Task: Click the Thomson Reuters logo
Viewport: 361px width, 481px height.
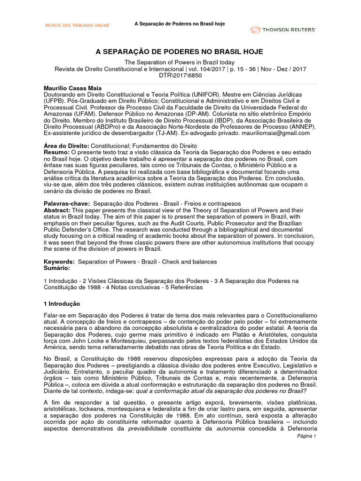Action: [x=283, y=30]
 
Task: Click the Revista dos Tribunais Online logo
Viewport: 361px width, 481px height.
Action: [x=77, y=25]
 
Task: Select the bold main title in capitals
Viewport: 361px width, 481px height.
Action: [x=180, y=52]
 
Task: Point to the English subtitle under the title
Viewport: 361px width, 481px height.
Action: [x=180, y=62]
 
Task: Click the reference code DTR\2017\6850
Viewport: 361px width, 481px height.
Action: [x=180, y=76]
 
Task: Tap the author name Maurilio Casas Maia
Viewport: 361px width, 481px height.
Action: [x=72, y=88]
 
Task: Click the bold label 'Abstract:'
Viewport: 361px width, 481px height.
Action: [x=58, y=210]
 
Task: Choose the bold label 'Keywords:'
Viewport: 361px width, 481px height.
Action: [x=59, y=261]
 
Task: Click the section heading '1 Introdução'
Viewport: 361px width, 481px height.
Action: [x=62, y=304]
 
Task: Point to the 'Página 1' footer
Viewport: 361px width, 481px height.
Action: [x=307, y=436]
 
